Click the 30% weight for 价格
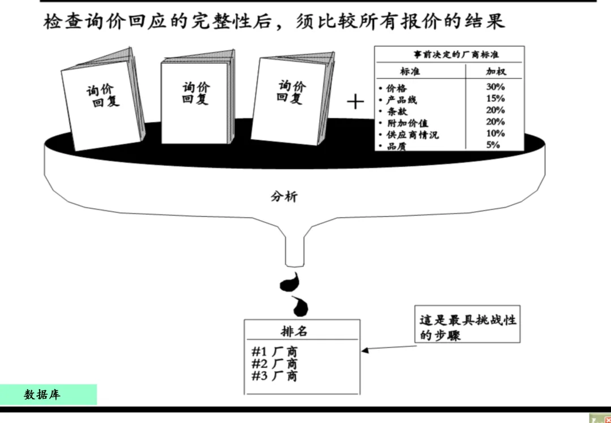495,87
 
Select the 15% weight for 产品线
495,98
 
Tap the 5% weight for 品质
493,145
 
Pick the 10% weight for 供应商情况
495,133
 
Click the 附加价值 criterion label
407,123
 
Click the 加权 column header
496,71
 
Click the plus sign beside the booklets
355,102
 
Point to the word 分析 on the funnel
283,197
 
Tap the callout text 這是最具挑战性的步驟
468,327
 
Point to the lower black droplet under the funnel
301,306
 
